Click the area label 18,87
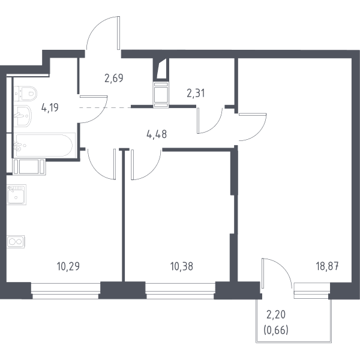327,266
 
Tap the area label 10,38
182,266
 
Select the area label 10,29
68,266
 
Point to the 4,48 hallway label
157,134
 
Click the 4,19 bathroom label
50,107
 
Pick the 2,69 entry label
114,78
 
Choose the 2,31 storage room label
196,94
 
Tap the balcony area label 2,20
276,314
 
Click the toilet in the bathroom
25,94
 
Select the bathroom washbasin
23,116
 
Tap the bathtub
45,145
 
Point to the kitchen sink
16,194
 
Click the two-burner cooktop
16,242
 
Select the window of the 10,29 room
65,291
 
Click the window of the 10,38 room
180,291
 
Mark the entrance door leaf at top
118,33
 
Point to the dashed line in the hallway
105,107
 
